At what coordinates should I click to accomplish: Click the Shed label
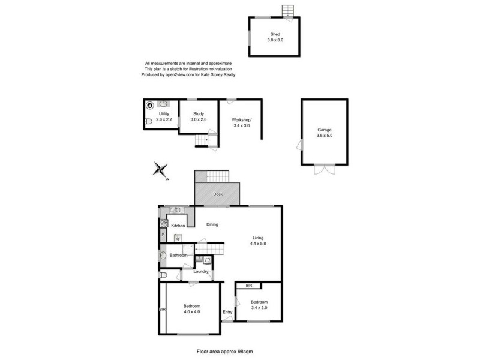click(x=275, y=35)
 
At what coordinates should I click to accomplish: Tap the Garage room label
click(x=325, y=130)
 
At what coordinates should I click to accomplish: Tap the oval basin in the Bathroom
click(x=163, y=255)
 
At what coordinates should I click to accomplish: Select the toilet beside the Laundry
click(x=163, y=275)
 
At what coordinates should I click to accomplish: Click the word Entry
click(x=227, y=312)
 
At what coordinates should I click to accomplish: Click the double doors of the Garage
click(x=324, y=169)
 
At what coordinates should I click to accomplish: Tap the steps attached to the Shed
click(x=289, y=11)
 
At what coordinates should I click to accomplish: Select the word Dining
click(x=212, y=225)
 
